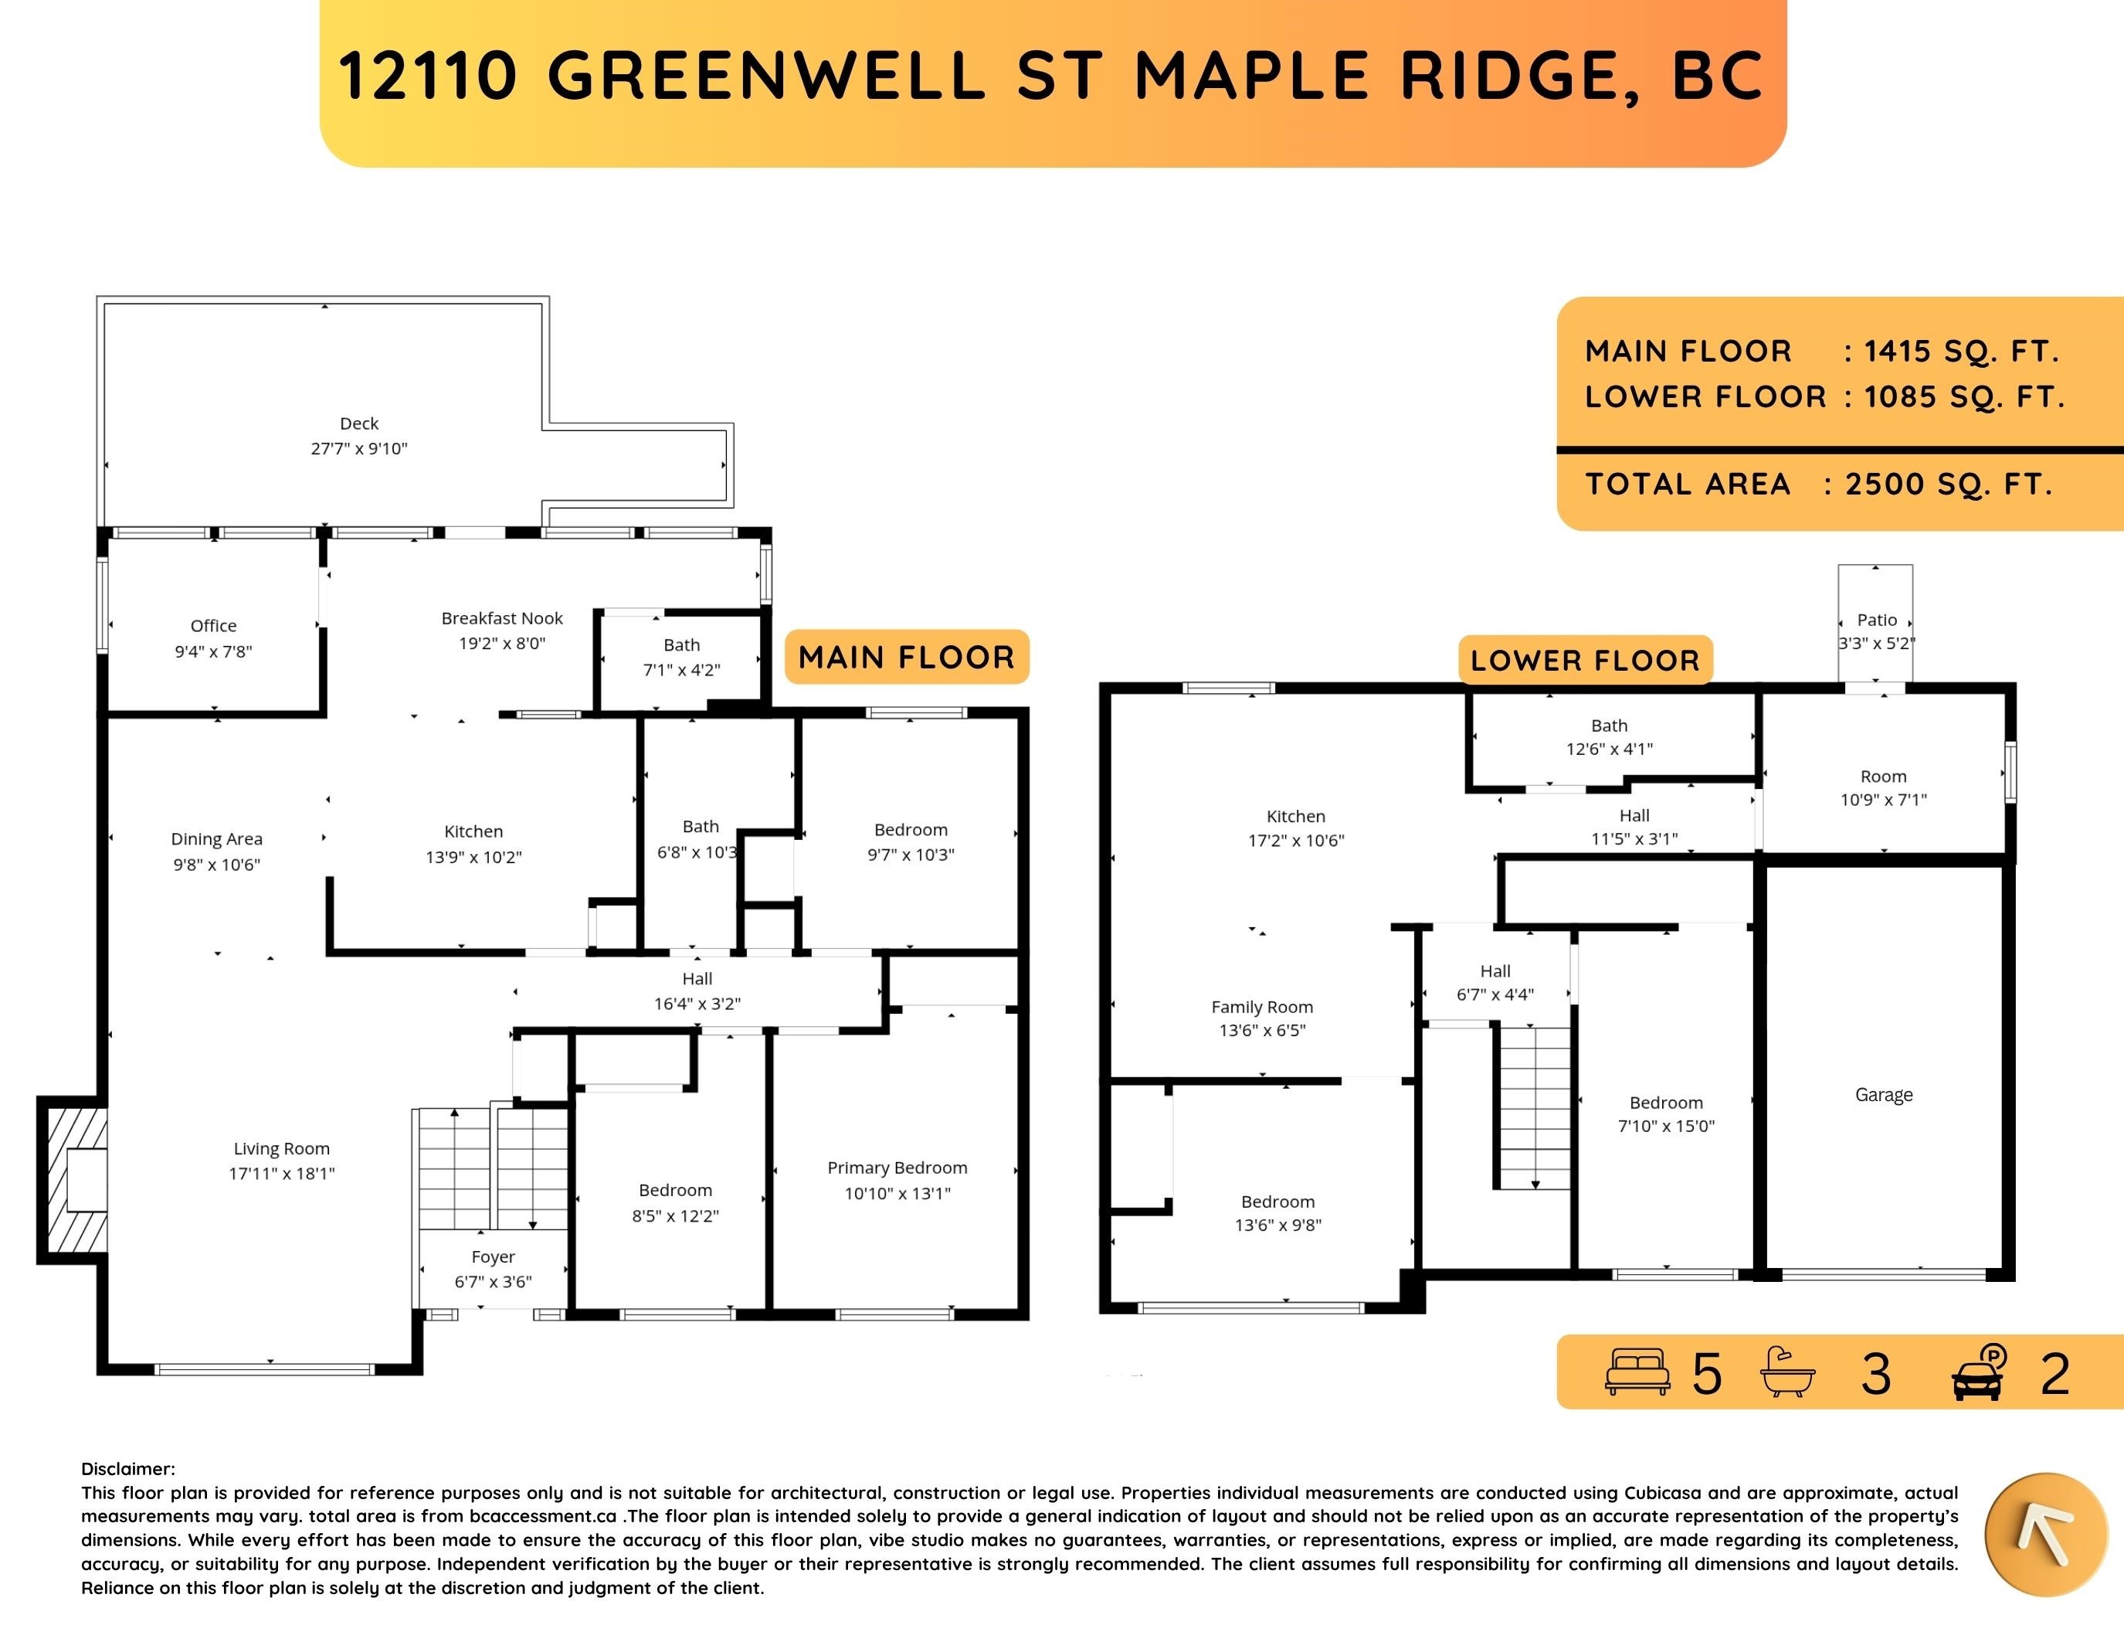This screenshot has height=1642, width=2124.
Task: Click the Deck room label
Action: coord(359,423)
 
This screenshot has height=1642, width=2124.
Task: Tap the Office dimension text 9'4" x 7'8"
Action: coord(213,651)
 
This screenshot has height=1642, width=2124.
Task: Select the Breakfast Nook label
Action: coord(502,617)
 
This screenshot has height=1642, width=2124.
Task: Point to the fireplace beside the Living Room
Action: coord(72,1179)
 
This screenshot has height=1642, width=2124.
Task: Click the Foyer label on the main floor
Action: coord(493,1256)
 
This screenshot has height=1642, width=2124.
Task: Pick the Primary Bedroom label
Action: coord(897,1168)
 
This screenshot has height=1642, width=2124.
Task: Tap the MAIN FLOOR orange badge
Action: coord(907,657)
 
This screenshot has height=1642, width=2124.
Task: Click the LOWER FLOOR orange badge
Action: coord(1585,661)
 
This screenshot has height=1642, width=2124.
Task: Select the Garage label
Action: coord(1884,1094)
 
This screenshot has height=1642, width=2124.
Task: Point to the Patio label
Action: coord(1877,620)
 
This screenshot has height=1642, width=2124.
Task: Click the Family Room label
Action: coord(1262,1007)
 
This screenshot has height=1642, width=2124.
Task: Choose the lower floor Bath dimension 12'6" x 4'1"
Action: coord(1610,749)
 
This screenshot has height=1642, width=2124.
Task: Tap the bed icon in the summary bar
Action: coord(1637,1372)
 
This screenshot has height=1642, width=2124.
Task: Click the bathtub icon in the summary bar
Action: coord(1787,1372)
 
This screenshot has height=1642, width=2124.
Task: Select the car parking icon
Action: coord(1979,1372)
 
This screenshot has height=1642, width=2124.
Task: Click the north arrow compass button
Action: coord(2044,1535)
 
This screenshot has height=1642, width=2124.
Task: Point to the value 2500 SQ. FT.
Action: coord(1949,484)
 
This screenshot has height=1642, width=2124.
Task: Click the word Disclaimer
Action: coord(127,1469)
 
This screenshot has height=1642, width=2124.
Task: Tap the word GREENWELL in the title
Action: coord(767,75)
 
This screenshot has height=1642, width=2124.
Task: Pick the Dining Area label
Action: coord(216,838)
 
